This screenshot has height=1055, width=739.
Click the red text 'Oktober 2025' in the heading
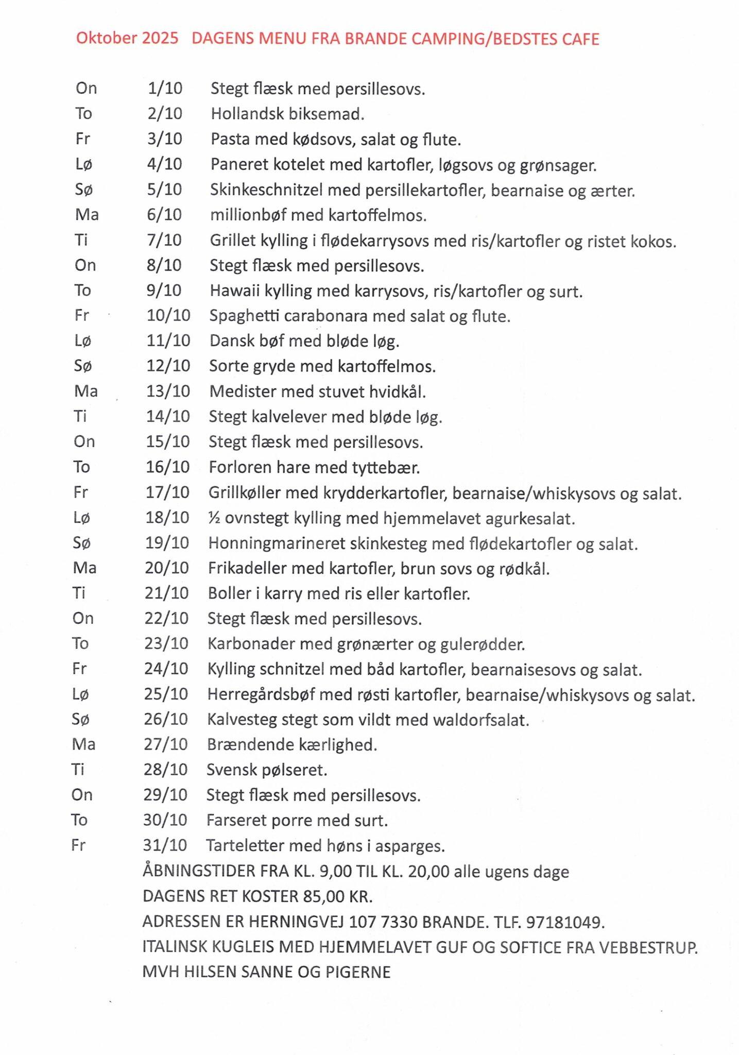(127, 38)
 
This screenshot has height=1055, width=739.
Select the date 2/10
(165, 113)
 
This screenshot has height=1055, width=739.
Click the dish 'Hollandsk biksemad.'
(287, 114)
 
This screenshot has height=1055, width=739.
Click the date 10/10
(168, 315)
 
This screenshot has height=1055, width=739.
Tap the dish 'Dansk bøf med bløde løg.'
(304, 341)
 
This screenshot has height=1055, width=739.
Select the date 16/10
(167, 467)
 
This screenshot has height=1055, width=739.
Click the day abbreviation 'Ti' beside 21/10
(79, 593)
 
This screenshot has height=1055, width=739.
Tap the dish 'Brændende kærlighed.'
(292, 745)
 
